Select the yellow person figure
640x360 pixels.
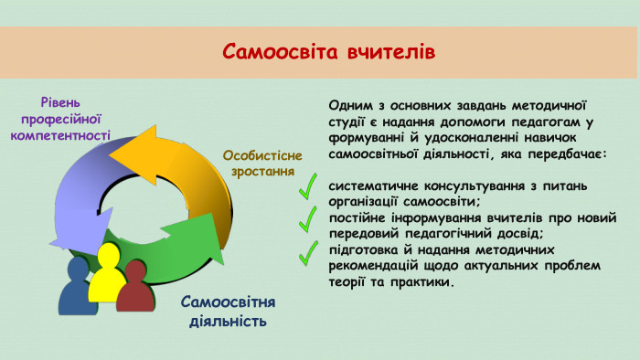click(110, 275)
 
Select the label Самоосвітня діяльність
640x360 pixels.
click(228, 312)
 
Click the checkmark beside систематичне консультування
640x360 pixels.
click(312, 186)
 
